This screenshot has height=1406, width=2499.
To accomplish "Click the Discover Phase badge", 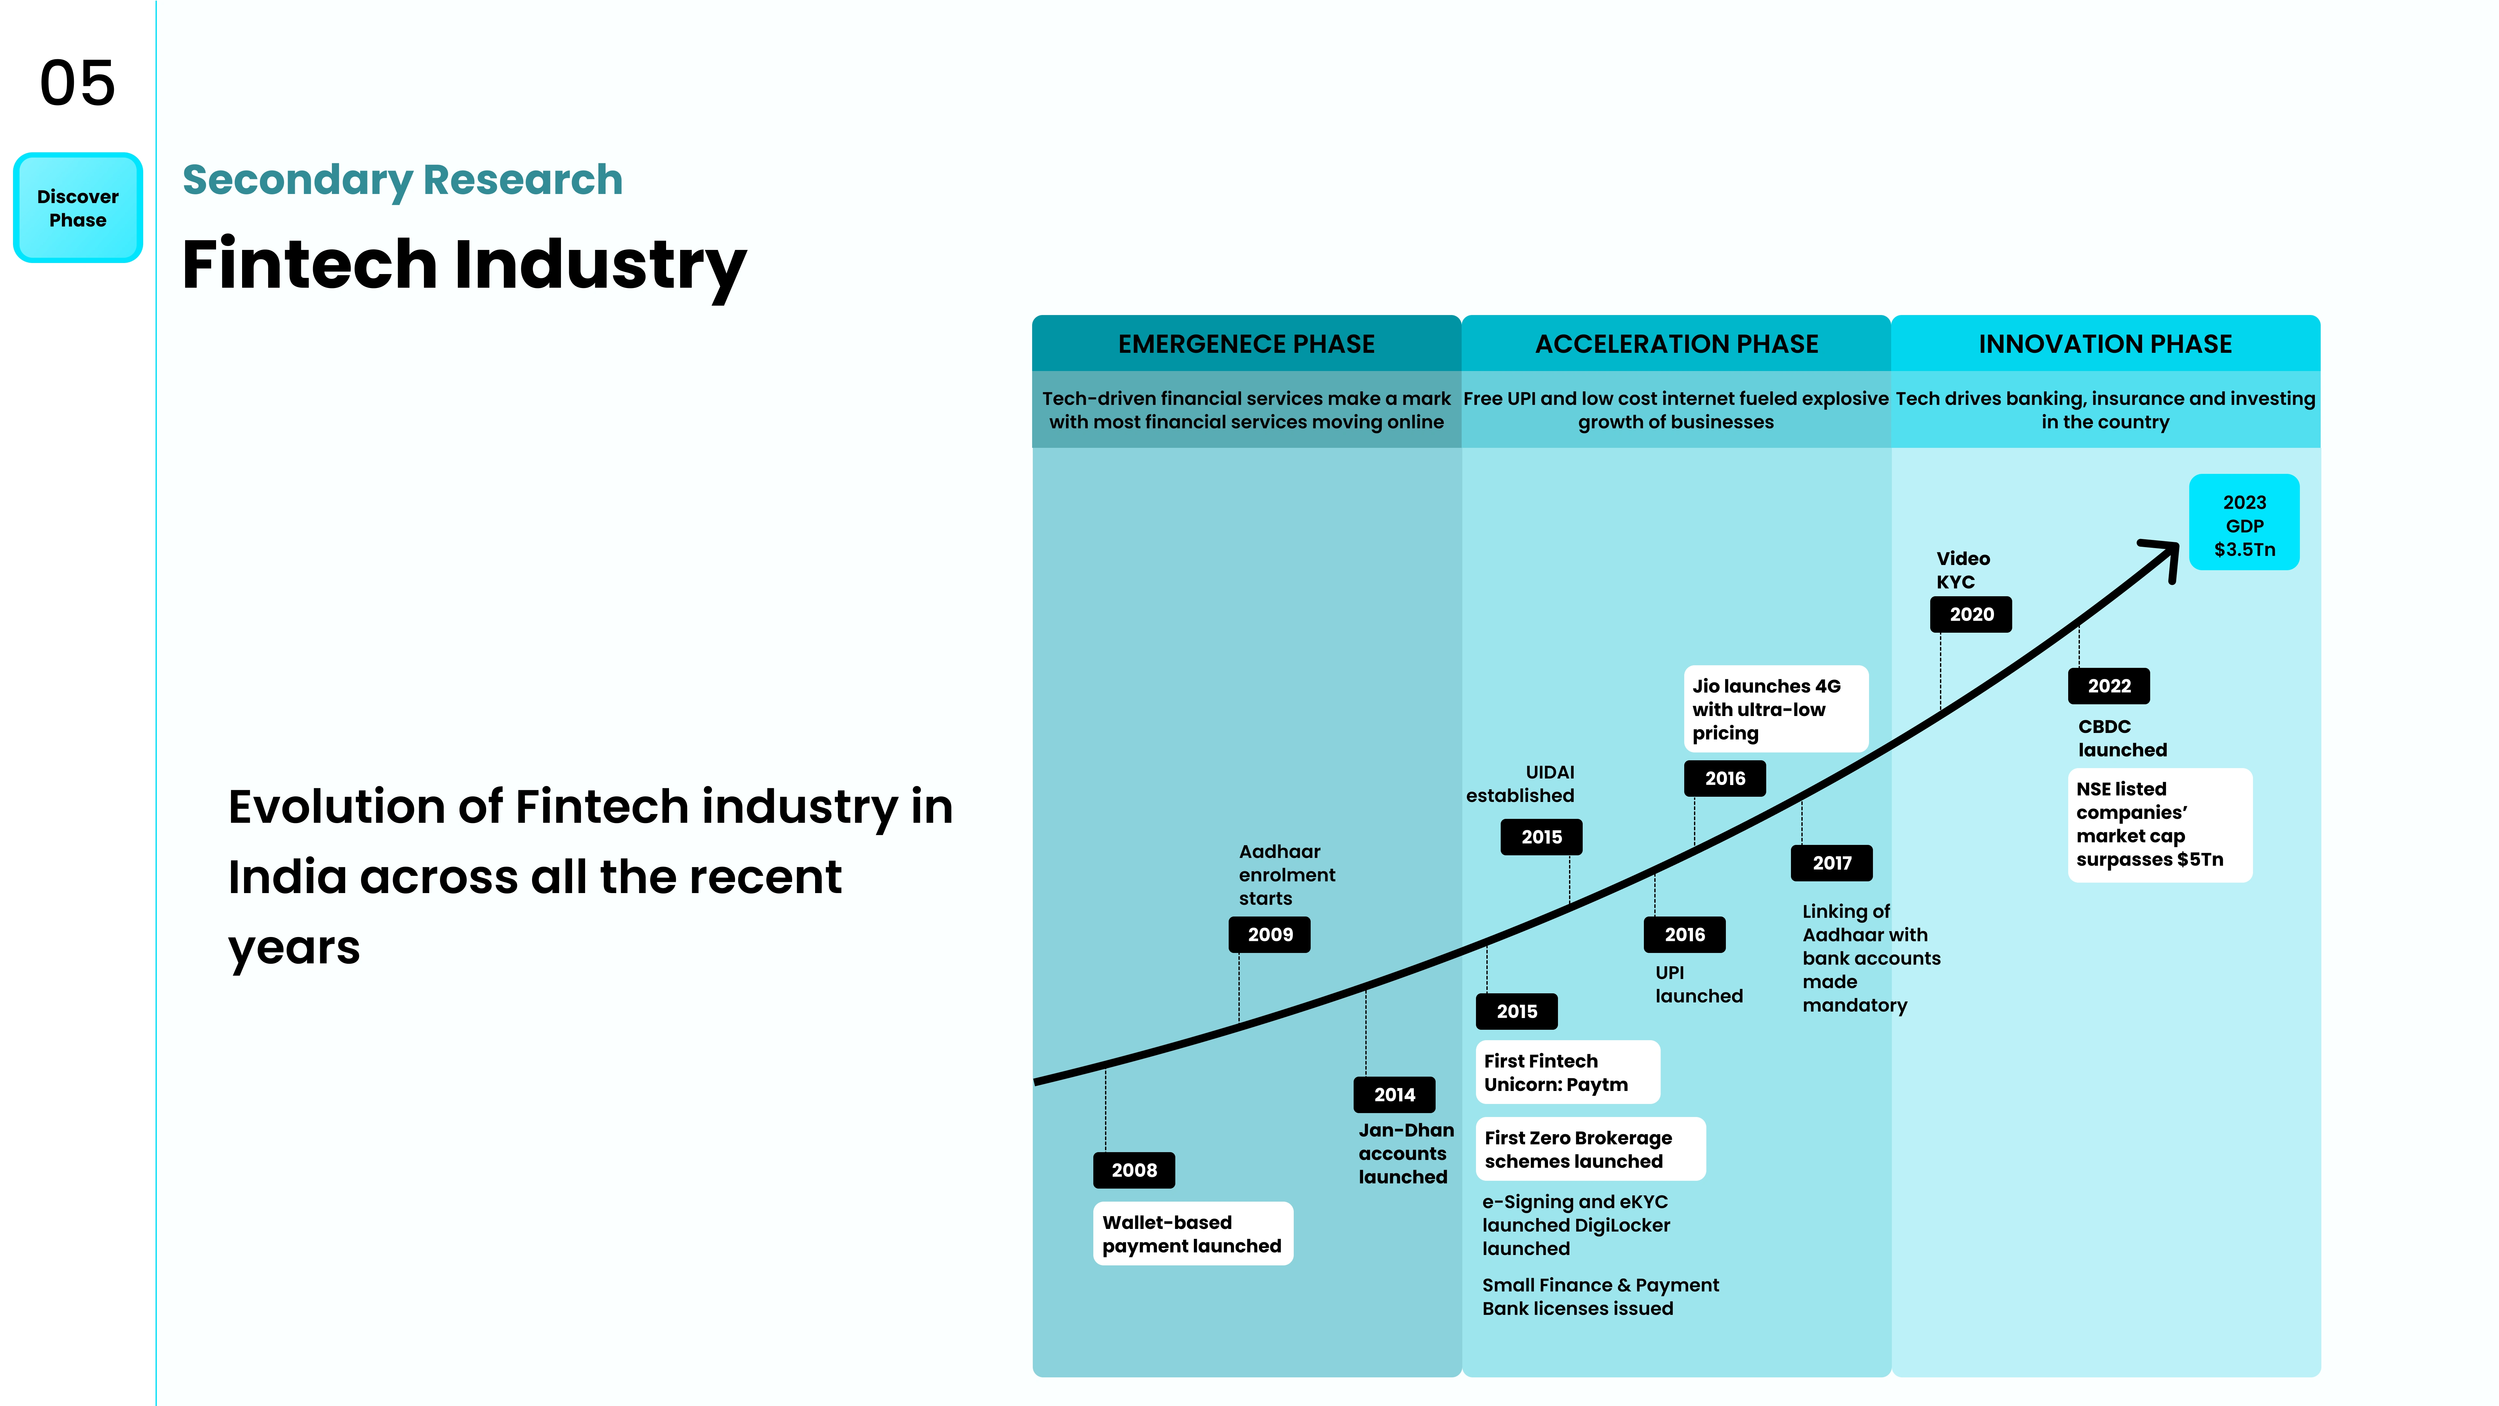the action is pos(78,208).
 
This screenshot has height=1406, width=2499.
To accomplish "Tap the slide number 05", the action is pos(78,83).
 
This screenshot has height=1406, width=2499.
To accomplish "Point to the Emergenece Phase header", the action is pos(1247,343).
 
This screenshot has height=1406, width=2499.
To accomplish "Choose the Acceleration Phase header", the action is pos(1676,343).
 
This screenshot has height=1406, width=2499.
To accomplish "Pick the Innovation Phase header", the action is pos(2105,343).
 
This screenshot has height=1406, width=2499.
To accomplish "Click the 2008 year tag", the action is pos(1134,1170).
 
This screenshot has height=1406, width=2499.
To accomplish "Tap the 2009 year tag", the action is pos(1270,934).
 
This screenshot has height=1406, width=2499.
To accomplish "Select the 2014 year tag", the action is pos(1394,1095).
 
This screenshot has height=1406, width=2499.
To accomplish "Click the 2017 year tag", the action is pos(1832,862).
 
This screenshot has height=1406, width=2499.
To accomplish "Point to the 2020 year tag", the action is pos(1971,614).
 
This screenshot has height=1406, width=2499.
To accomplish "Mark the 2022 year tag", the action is pos(2109,686).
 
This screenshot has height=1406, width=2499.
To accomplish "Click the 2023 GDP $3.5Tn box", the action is pos(2244,522).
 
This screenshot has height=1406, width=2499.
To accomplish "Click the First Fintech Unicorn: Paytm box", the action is pos(1568,1072).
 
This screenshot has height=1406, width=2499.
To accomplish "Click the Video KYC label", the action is pos(1962,570).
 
